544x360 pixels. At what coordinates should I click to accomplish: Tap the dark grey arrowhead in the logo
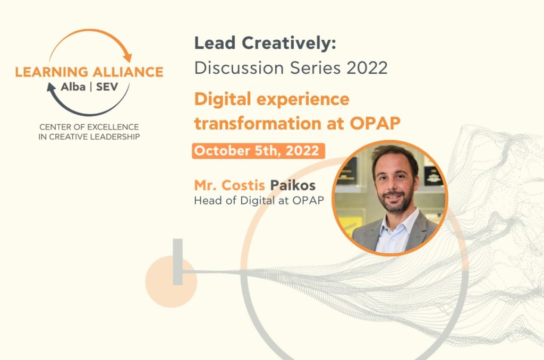point(52,87)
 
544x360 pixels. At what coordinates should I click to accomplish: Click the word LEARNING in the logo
point(52,72)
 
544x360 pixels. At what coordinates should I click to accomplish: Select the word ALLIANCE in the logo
point(128,72)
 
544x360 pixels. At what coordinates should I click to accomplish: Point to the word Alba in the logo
point(73,87)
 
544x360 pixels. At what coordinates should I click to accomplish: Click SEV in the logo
point(107,87)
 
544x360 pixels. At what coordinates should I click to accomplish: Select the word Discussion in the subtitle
point(239,67)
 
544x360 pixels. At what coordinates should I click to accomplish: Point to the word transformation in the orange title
point(258,123)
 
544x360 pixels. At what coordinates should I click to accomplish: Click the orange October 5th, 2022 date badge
point(259,151)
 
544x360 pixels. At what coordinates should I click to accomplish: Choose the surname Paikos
point(293,185)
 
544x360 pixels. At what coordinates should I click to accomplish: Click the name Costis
point(243,185)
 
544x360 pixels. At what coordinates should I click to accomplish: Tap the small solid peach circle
point(171,281)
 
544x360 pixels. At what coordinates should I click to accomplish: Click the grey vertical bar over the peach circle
point(177,262)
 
